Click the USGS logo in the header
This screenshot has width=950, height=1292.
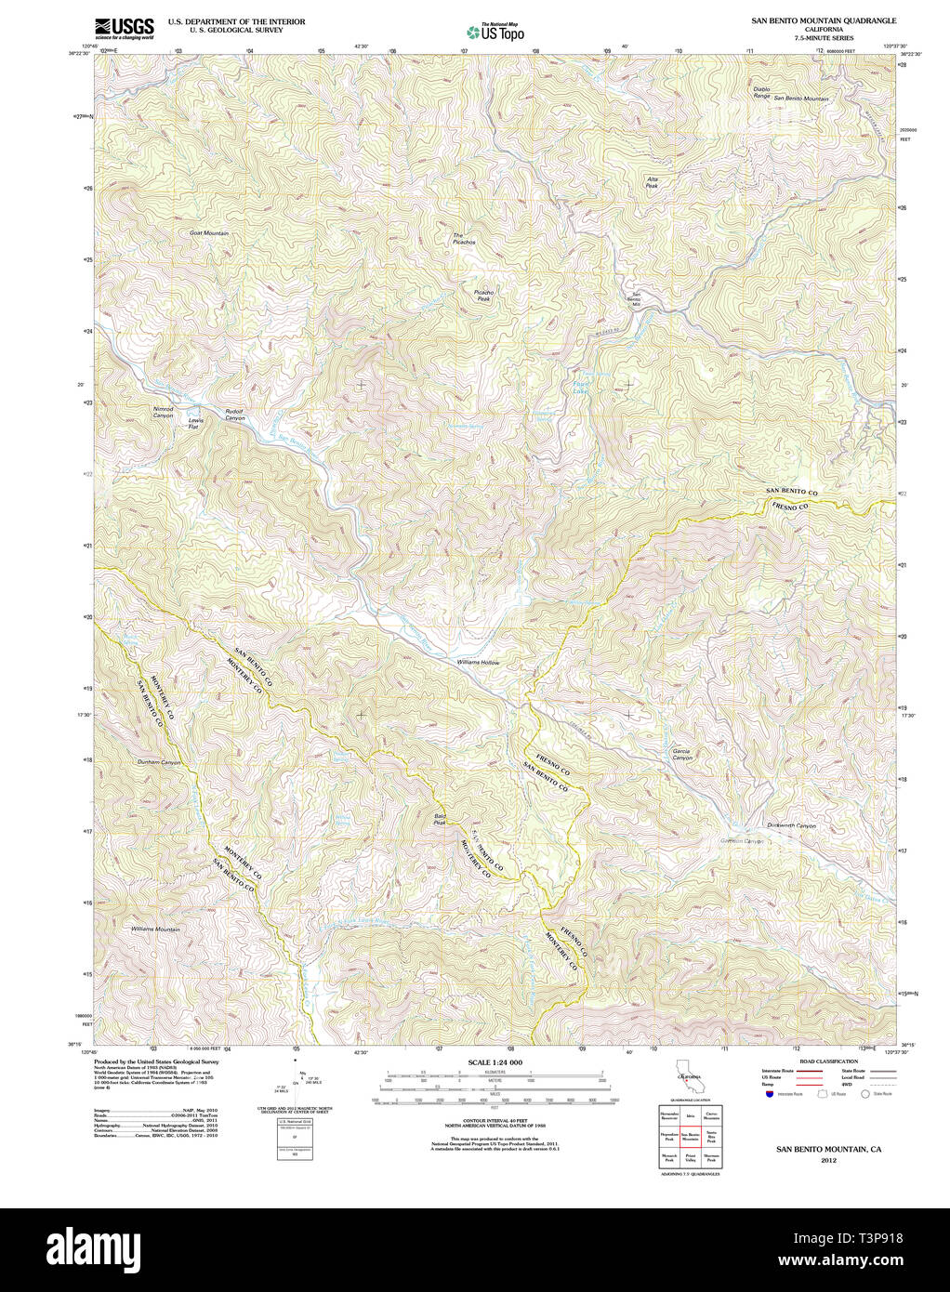point(125,26)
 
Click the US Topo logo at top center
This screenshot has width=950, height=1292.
point(495,33)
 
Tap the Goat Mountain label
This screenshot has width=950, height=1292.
point(209,233)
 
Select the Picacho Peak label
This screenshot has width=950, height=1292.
point(483,296)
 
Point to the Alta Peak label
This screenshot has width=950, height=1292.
point(652,182)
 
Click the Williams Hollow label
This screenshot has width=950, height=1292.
point(478,663)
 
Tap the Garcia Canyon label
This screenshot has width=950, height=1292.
point(682,754)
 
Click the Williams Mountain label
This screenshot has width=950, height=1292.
point(155,929)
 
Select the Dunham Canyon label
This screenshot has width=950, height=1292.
point(159,762)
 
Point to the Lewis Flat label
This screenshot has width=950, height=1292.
point(195,423)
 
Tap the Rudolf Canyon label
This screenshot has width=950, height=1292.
point(235,415)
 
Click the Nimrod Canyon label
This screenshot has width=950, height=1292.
point(163,412)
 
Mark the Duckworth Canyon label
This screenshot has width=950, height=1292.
point(791,825)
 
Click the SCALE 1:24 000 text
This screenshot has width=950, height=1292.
point(495,1062)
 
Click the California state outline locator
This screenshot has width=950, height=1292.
point(689,1083)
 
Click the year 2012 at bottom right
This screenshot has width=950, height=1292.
point(828,1160)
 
